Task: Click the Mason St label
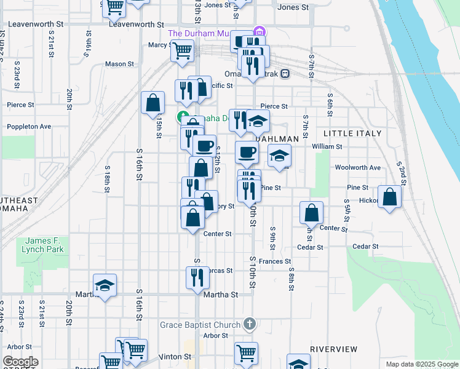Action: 119,64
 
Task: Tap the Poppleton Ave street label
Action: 29,127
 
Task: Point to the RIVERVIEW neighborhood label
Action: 334,349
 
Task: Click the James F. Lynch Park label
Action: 44,245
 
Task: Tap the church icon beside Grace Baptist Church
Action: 249,323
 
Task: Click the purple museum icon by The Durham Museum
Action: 260,31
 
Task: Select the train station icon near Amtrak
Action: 285,74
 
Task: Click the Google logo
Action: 20,362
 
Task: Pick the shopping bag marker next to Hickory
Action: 390,197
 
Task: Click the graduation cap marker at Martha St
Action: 105,285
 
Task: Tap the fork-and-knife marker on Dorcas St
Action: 197,277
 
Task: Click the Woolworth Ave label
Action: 355,167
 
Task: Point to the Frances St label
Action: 274,261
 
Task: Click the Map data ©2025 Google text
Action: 421,364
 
